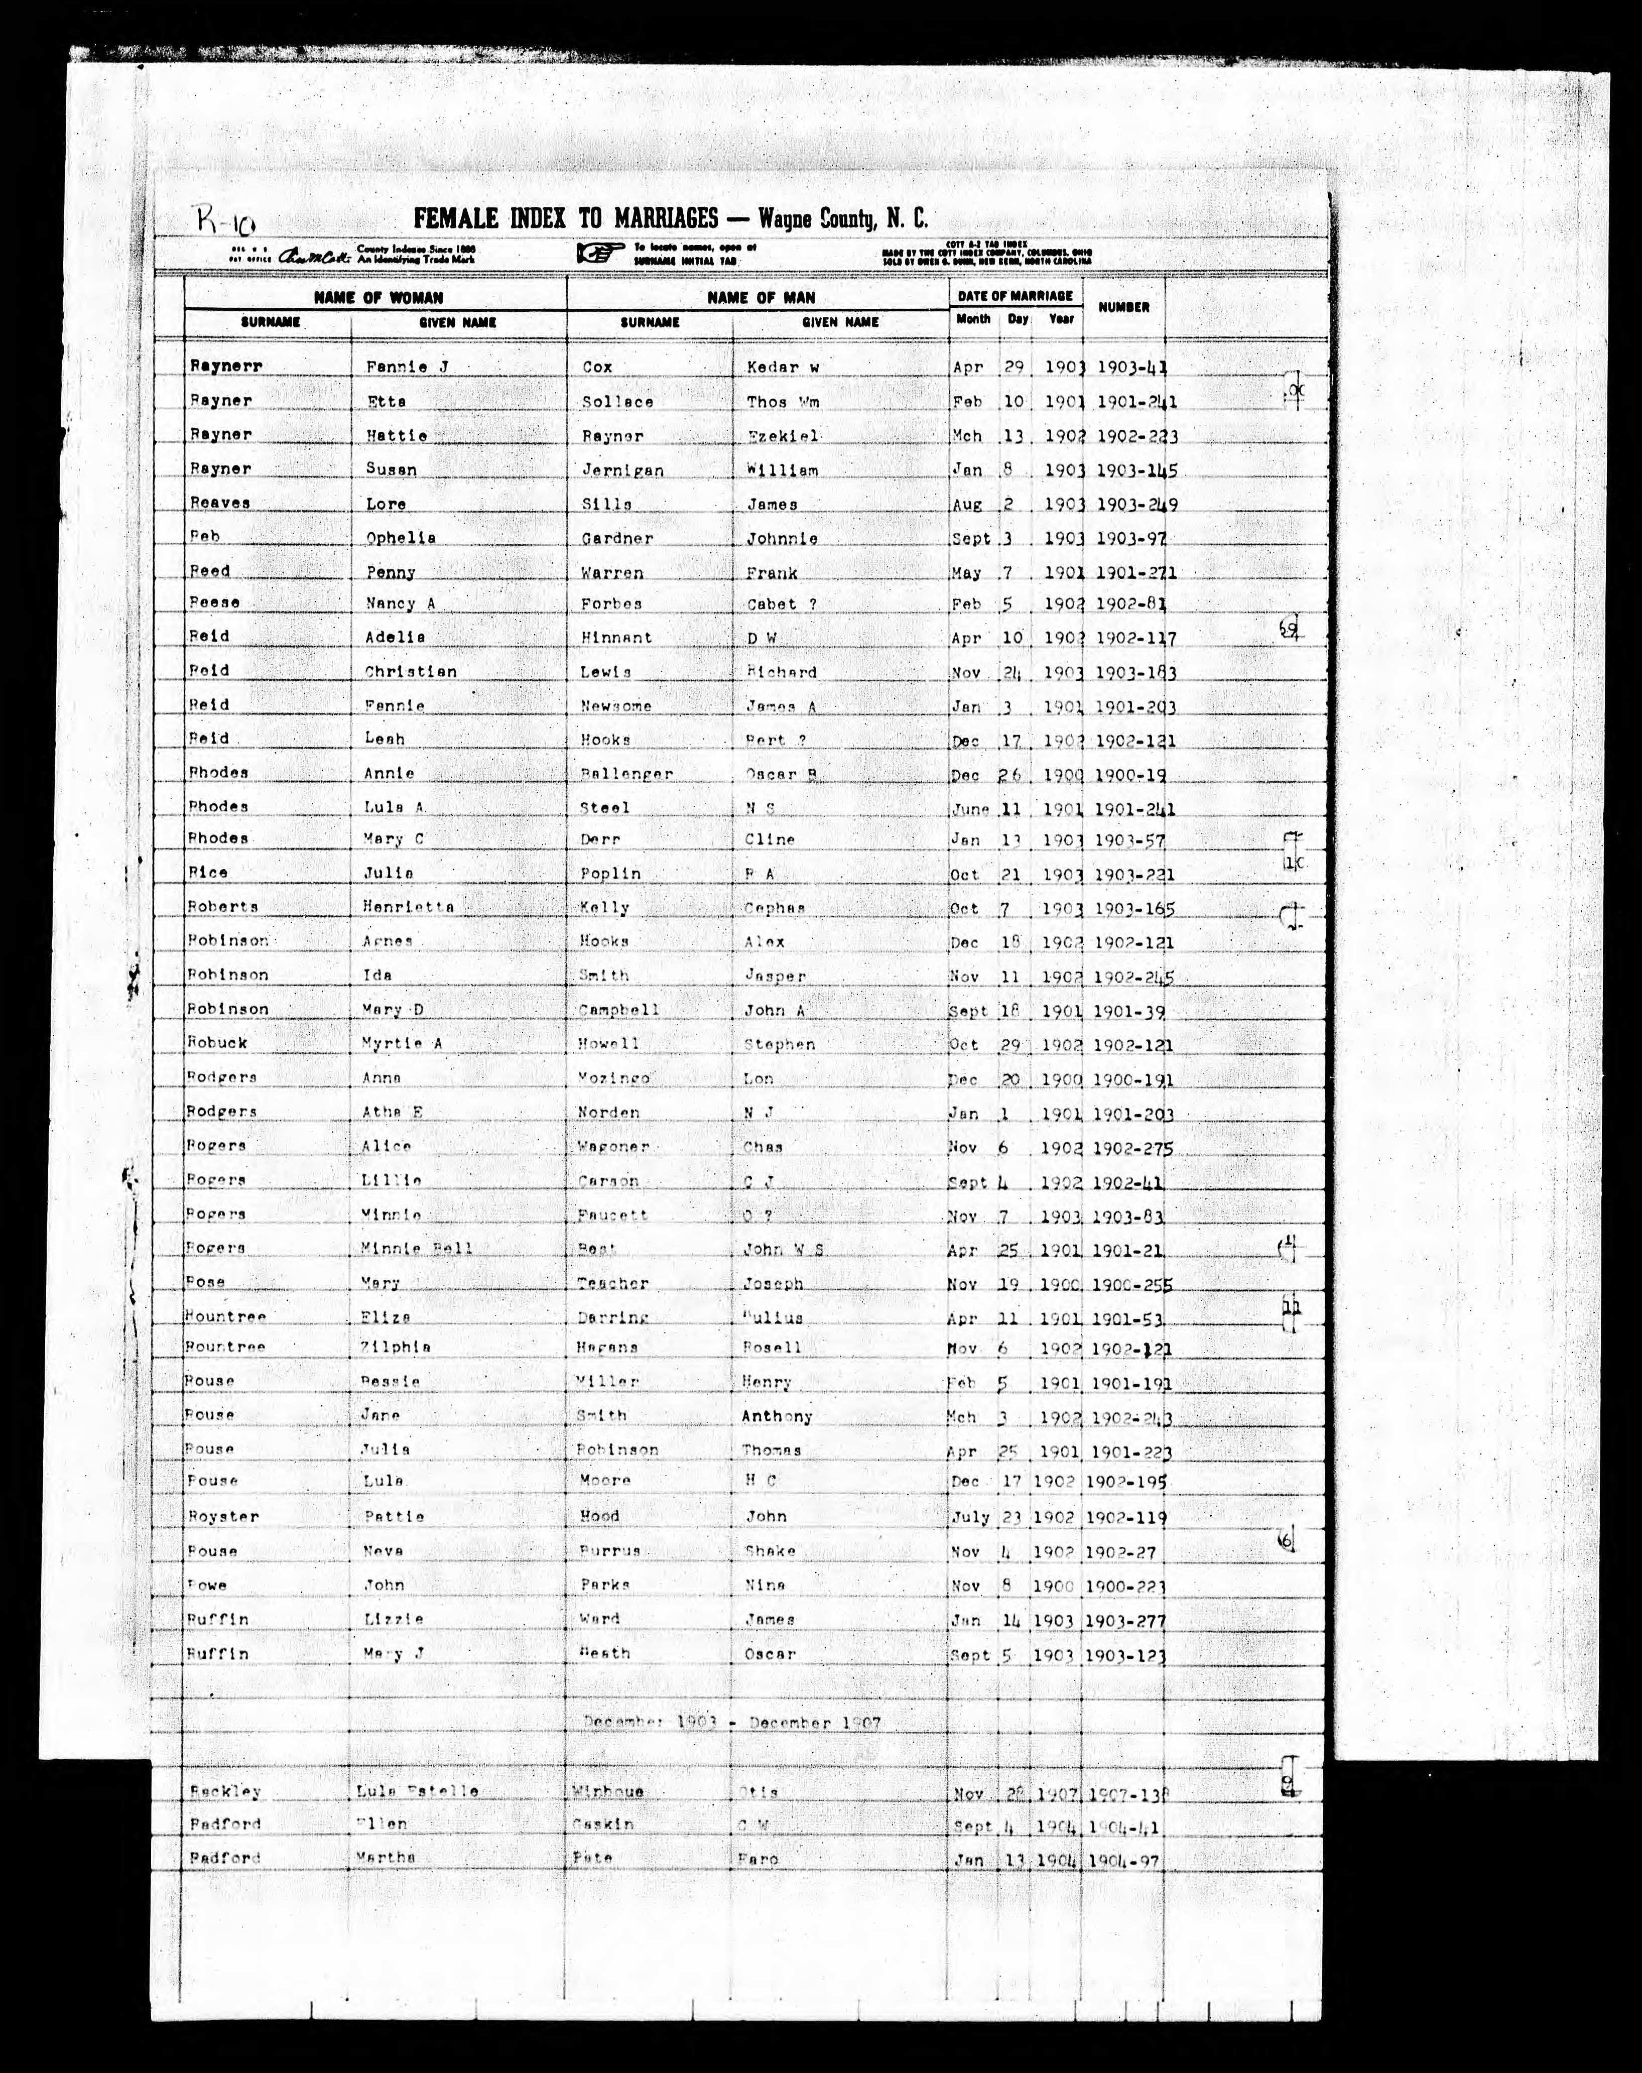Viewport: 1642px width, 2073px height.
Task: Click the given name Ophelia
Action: click(400, 538)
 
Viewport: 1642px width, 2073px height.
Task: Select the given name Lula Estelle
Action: click(416, 1791)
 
